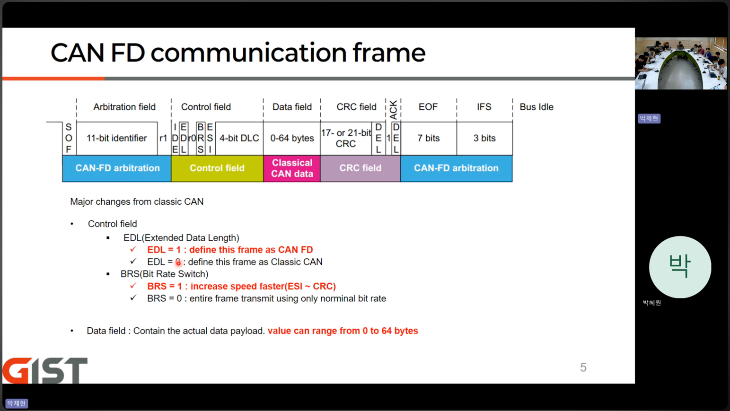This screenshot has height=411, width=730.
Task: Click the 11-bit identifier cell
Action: tap(117, 139)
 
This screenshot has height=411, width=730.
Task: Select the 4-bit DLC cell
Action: tap(239, 139)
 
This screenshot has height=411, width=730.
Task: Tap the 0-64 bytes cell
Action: tap(292, 139)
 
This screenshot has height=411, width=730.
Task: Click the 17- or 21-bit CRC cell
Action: tap(346, 139)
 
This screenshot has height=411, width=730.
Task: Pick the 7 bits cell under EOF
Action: tap(429, 139)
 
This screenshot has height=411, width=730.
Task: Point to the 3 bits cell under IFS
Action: tap(484, 139)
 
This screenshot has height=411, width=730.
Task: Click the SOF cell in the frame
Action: tap(69, 139)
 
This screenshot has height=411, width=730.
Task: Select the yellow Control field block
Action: tap(217, 168)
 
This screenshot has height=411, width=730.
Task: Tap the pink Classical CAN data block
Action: tap(292, 168)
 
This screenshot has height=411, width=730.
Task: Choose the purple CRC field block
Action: tap(360, 168)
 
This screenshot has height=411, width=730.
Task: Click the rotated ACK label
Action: tap(393, 110)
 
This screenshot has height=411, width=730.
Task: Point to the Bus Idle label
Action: tap(537, 107)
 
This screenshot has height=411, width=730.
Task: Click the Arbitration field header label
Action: tap(124, 107)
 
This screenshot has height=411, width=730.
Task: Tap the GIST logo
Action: tap(45, 371)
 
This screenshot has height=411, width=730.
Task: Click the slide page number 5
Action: tap(583, 367)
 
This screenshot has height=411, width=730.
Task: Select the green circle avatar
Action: tap(680, 267)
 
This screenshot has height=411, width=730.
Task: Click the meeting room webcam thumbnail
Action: tap(681, 63)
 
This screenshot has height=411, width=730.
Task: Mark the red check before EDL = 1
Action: tap(133, 249)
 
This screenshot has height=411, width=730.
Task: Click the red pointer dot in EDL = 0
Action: tap(178, 262)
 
